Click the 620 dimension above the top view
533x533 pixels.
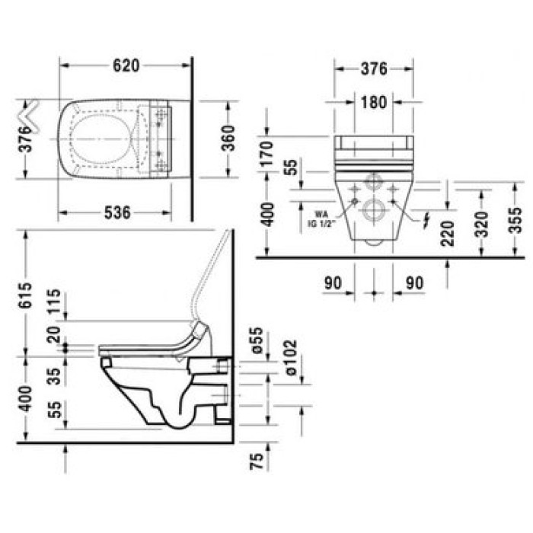(x=126, y=65)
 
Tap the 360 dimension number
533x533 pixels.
(x=226, y=139)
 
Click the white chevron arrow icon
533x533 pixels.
(x=31, y=114)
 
